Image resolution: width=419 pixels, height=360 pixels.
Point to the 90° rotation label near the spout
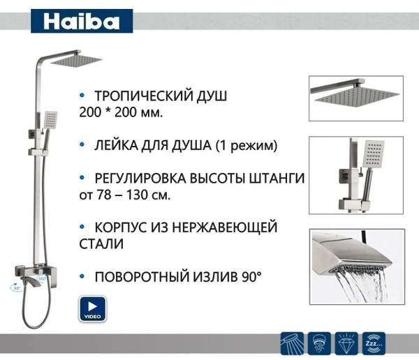(x=16, y=286)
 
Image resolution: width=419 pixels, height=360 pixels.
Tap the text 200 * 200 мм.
(x=122, y=112)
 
